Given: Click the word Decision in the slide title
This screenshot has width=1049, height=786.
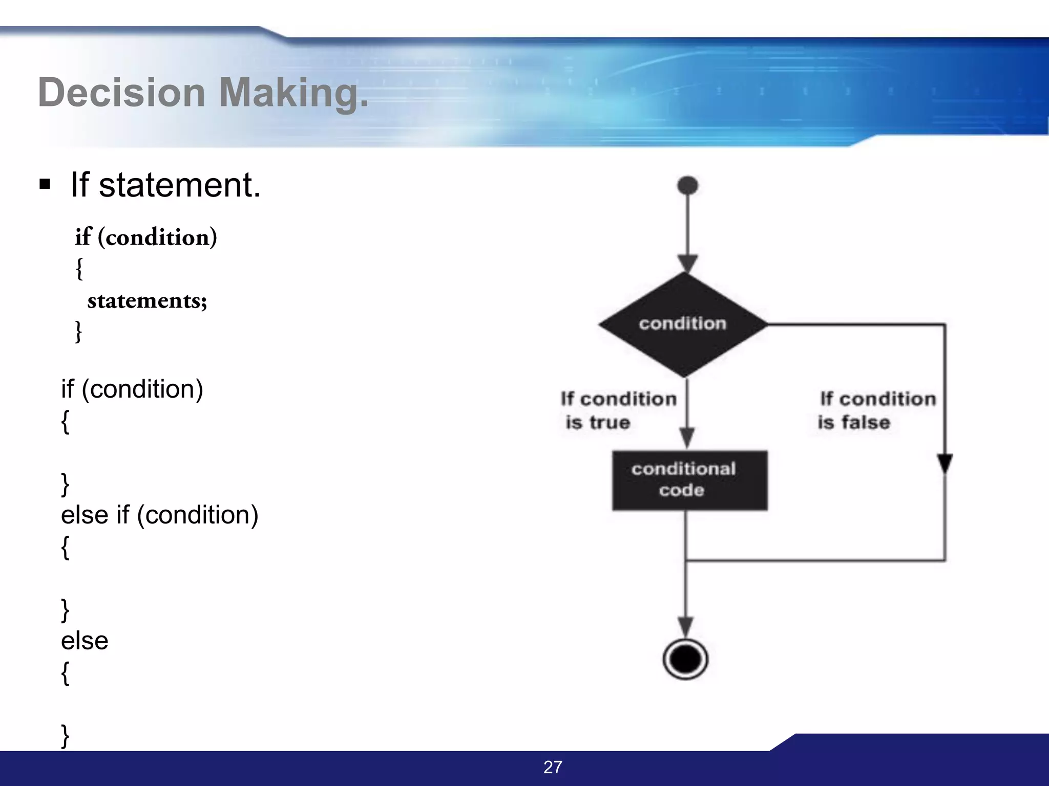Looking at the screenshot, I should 122,93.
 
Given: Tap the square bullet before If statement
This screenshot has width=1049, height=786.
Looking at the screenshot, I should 45,184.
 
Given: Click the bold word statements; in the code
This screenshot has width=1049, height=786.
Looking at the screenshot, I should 147,301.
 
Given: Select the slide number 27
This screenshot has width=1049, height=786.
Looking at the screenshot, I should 553,767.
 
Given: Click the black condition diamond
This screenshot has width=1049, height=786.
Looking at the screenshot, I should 683,324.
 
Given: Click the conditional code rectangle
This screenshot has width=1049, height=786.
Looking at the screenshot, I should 689,480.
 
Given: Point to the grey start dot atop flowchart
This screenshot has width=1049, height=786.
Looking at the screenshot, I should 687,185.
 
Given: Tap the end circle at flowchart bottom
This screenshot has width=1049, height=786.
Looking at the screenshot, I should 685,659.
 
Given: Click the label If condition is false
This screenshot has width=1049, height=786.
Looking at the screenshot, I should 876,410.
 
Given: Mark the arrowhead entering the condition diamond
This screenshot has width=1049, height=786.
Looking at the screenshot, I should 687,263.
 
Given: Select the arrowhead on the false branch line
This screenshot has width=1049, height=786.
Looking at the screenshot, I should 945,463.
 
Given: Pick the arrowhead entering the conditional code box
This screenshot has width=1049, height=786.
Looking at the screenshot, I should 687,438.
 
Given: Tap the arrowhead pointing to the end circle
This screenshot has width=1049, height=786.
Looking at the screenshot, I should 685,626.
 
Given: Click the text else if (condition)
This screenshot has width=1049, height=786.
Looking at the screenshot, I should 159,515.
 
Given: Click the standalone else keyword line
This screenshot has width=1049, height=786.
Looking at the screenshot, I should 85,641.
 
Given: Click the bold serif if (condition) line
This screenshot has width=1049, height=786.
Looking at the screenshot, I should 146,237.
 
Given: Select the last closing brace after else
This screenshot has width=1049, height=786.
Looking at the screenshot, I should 65,736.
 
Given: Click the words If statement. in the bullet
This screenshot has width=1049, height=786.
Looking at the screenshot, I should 165,185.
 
